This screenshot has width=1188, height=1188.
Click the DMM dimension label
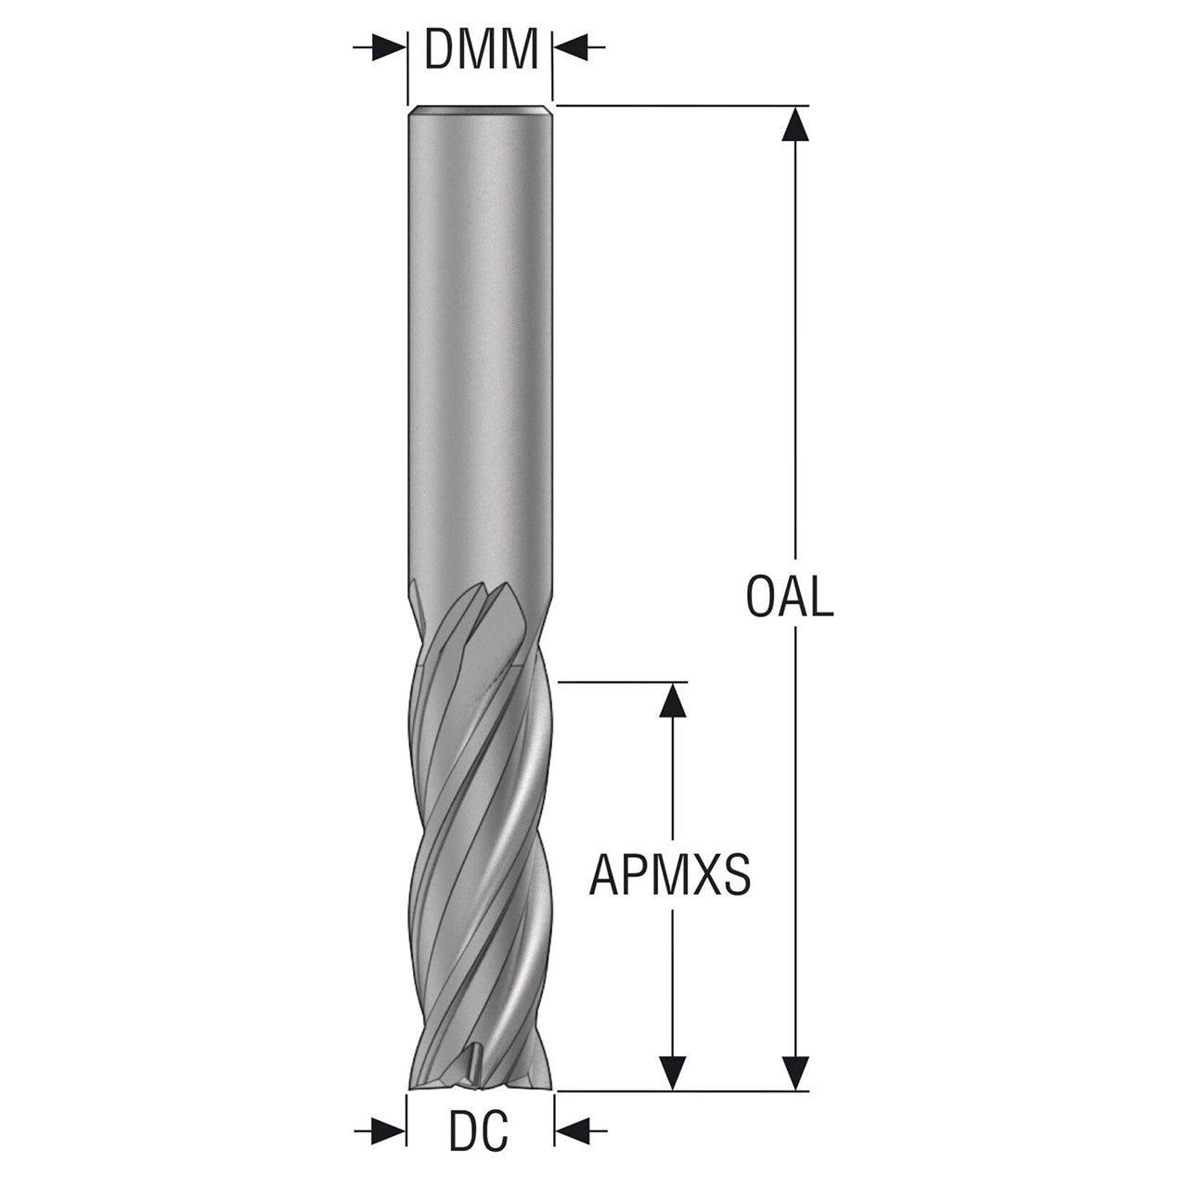pyautogui.click(x=481, y=48)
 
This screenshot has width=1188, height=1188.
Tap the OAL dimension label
pyautogui.click(x=790, y=598)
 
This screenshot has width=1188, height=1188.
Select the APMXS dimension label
pyautogui.click(x=670, y=875)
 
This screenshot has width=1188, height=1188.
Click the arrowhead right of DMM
pyautogui.click(x=570, y=48)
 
